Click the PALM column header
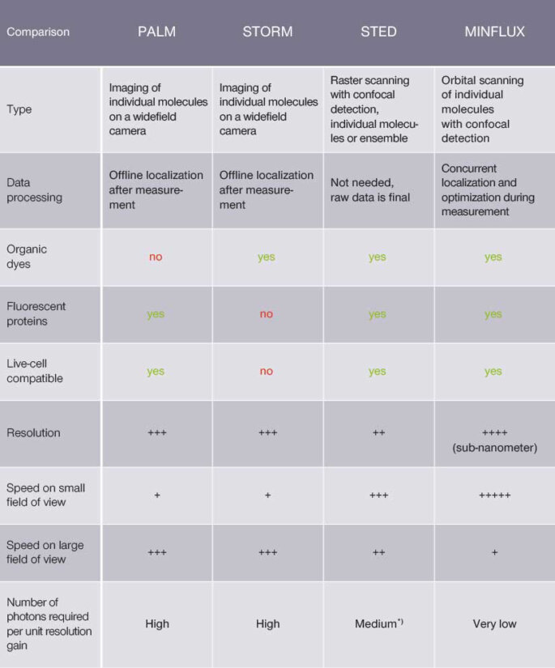coord(156,32)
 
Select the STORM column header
coord(267,32)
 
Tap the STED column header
coord(378,32)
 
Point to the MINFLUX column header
coord(494,32)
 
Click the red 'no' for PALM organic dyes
coord(156,257)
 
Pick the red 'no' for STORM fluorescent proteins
coord(267,314)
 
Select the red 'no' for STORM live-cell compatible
coord(267,372)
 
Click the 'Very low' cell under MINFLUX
coord(494,624)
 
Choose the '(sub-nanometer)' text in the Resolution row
coord(494,448)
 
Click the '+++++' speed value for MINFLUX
coord(494,495)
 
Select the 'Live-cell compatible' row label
coord(34,371)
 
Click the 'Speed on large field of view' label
coord(45,552)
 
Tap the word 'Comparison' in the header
coord(38,32)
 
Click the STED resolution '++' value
coord(378,433)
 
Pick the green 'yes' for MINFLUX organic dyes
coord(493,257)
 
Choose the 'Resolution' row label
coord(33,433)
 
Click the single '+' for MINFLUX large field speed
coord(494,552)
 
